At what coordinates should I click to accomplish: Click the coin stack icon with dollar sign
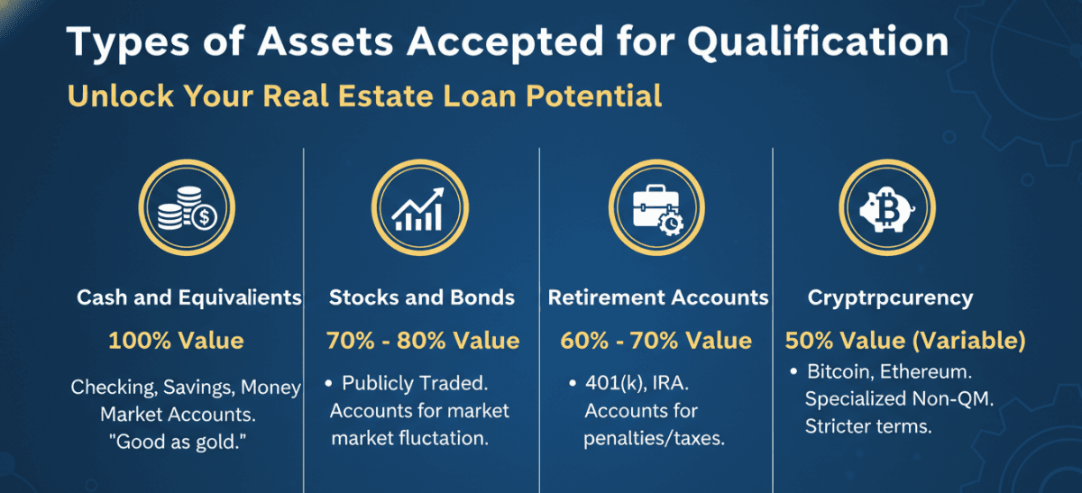click(187, 208)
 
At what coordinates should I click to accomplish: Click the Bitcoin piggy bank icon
click(887, 208)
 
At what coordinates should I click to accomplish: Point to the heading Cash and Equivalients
click(189, 297)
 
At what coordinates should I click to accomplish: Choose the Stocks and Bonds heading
click(422, 297)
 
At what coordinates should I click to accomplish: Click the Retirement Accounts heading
click(658, 297)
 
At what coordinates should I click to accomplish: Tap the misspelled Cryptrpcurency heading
click(890, 298)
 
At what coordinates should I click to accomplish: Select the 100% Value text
click(177, 341)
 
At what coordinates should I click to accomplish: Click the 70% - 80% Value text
click(423, 341)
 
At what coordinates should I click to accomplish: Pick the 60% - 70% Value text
click(656, 341)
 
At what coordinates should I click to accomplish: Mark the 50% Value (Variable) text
click(905, 341)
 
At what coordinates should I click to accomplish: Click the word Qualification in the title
click(819, 42)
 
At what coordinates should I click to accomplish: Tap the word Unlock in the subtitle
click(121, 96)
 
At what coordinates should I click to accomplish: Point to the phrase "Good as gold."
click(178, 442)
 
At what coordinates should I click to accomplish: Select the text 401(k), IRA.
click(637, 383)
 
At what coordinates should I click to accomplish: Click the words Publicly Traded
click(415, 383)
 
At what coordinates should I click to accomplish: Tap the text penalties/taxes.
click(654, 438)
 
